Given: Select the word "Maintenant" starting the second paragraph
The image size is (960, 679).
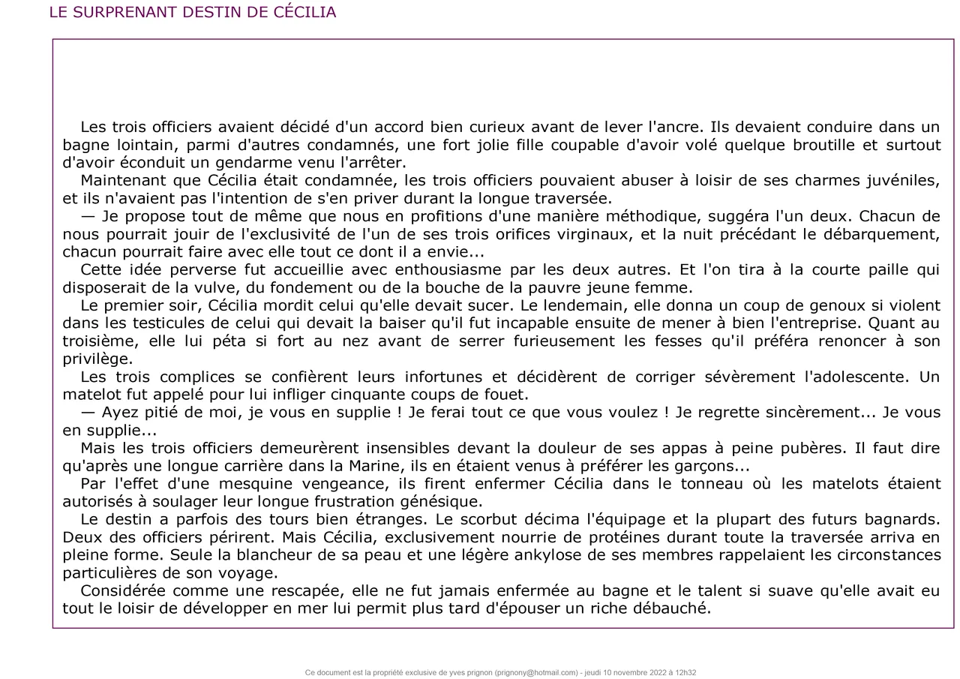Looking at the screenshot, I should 122,181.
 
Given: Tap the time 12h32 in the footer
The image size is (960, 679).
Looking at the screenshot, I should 685,673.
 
